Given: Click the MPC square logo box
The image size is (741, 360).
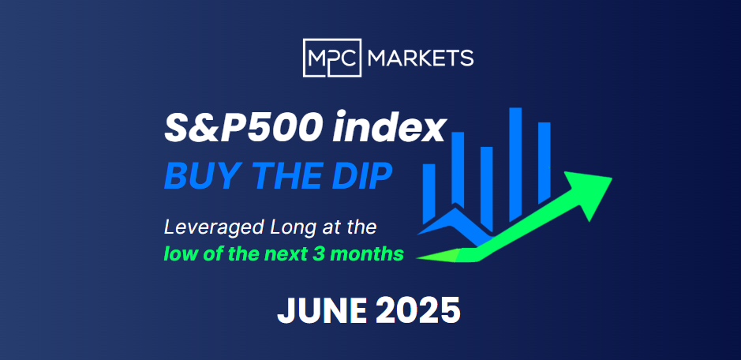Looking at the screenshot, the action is click(x=331, y=58).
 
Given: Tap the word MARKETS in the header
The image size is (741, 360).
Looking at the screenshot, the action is click(x=420, y=58).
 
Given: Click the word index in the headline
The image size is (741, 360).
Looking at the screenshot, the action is click(x=389, y=129).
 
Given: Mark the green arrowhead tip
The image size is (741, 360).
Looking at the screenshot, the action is click(x=612, y=178).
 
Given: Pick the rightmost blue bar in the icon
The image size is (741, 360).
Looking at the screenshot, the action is click(x=544, y=161).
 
